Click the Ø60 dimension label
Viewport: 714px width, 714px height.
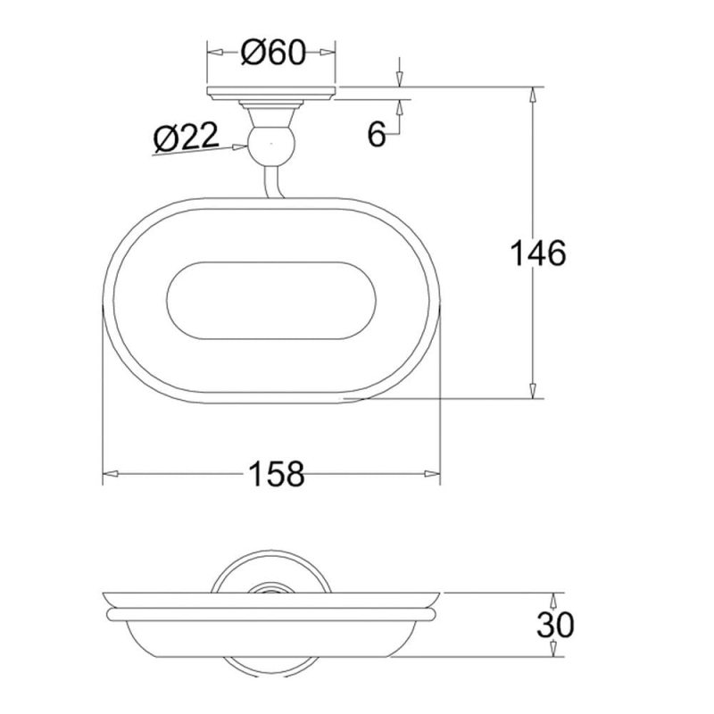click(x=273, y=53)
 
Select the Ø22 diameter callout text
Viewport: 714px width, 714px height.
click(x=187, y=137)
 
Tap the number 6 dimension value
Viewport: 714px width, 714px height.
click(x=377, y=135)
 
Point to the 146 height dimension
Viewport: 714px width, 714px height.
click(x=538, y=253)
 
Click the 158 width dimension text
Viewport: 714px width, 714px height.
click(x=277, y=474)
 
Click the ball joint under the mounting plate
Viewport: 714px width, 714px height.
click(x=271, y=144)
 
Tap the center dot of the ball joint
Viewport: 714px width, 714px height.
click(x=271, y=144)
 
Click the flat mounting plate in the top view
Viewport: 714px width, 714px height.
click(x=271, y=93)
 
